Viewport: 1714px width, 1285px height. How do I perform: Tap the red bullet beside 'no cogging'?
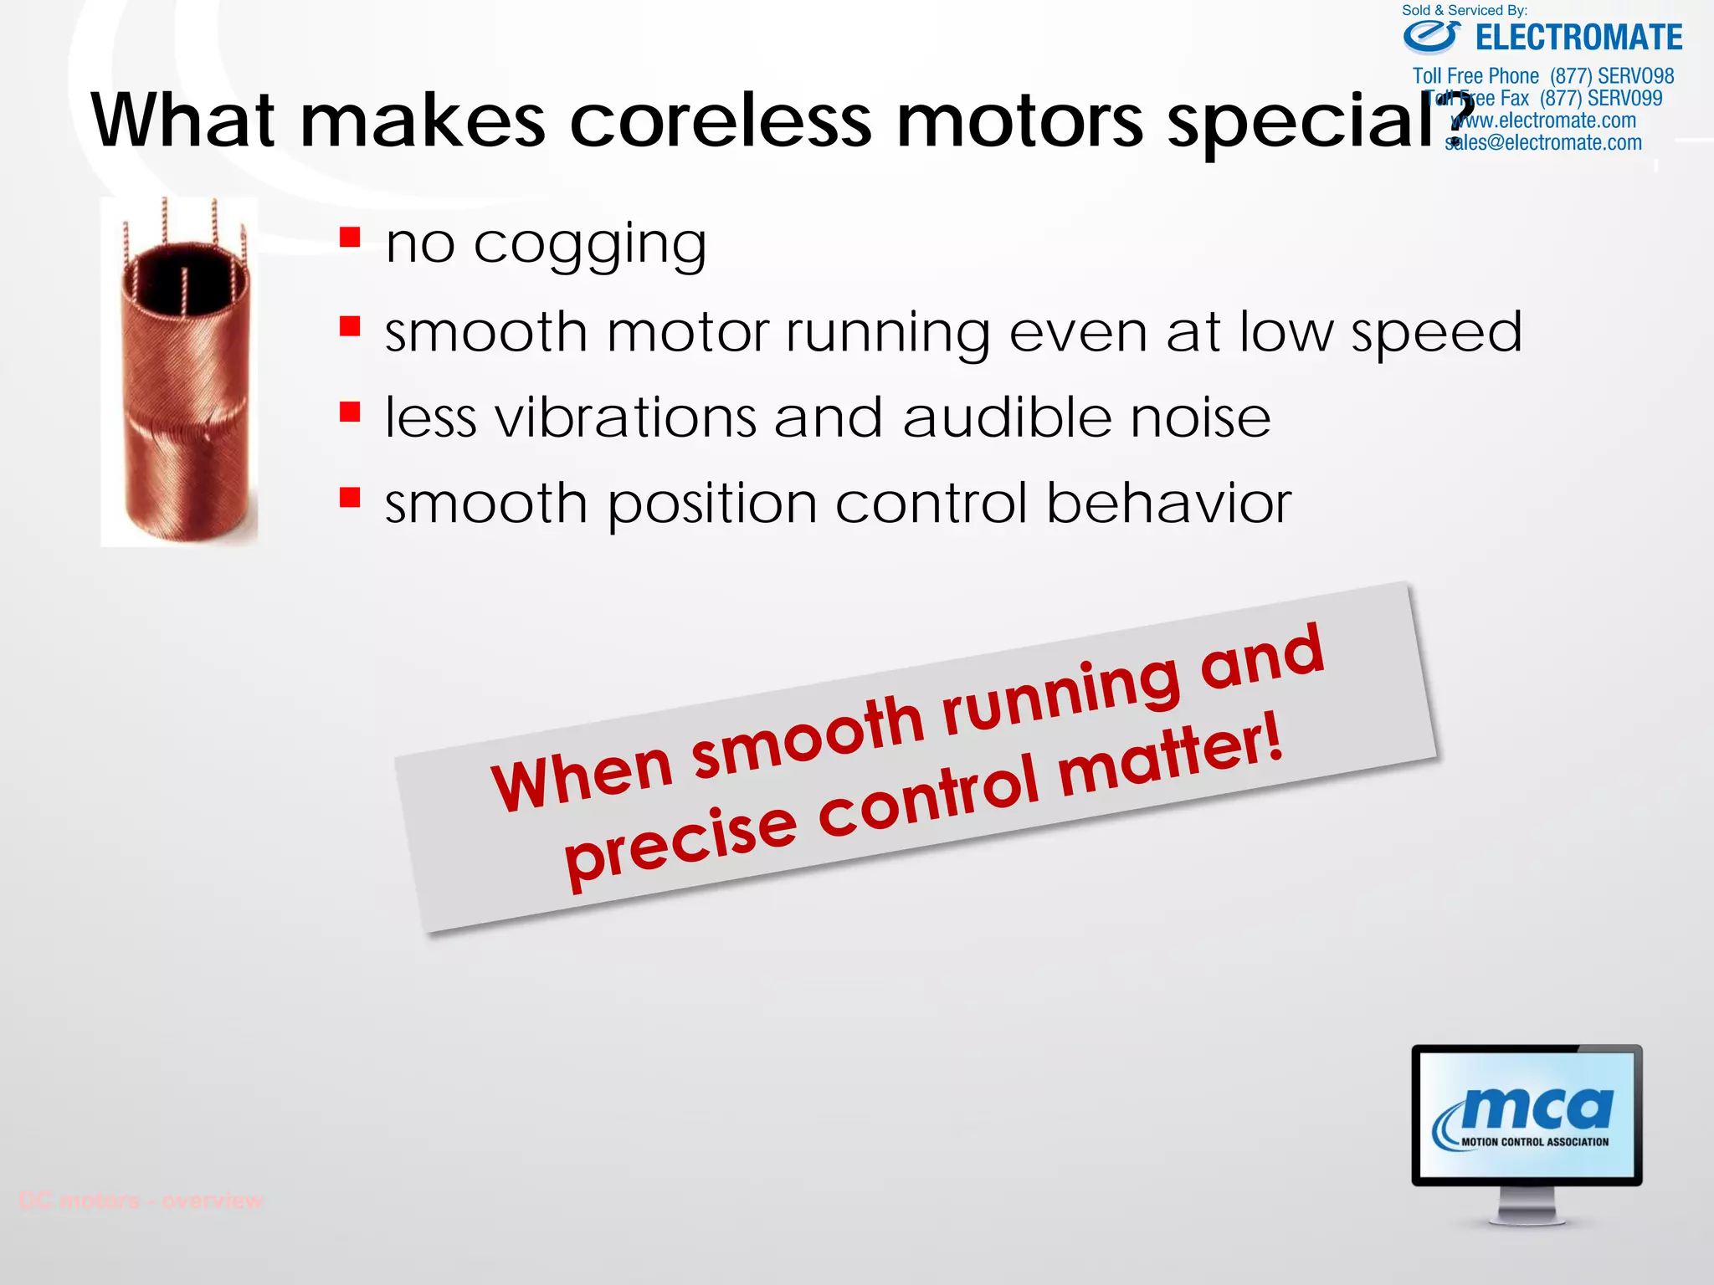coord(350,238)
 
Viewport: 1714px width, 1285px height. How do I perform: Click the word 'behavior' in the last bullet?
coord(1169,504)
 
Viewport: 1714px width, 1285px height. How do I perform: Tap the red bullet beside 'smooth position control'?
coord(350,499)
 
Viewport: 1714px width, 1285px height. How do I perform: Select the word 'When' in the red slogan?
coord(582,775)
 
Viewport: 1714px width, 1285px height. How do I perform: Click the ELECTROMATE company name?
coord(1578,38)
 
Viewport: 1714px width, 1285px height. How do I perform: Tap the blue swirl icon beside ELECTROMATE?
coord(1432,37)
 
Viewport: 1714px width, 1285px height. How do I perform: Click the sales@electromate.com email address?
coord(1543,143)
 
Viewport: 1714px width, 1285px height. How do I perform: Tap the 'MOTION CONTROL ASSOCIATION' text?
coord(1535,1142)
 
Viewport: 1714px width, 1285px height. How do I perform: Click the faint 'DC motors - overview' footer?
coord(141,1201)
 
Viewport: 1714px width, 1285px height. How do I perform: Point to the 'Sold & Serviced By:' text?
coord(1465,10)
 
